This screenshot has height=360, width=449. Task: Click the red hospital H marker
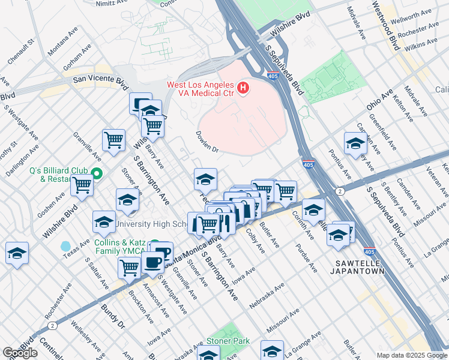(243, 89)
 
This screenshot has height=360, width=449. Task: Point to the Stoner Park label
(228, 341)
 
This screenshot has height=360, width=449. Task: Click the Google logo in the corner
(20, 353)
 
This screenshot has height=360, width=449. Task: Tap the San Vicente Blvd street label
(100, 78)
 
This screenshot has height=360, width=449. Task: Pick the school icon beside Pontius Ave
(355, 145)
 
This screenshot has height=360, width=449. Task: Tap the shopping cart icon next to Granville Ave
(113, 140)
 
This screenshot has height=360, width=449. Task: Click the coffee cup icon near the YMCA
(152, 262)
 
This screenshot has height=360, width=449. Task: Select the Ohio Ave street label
(381, 100)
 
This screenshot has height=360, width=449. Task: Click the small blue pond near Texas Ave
(65, 246)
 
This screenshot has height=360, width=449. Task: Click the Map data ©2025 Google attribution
(411, 355)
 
